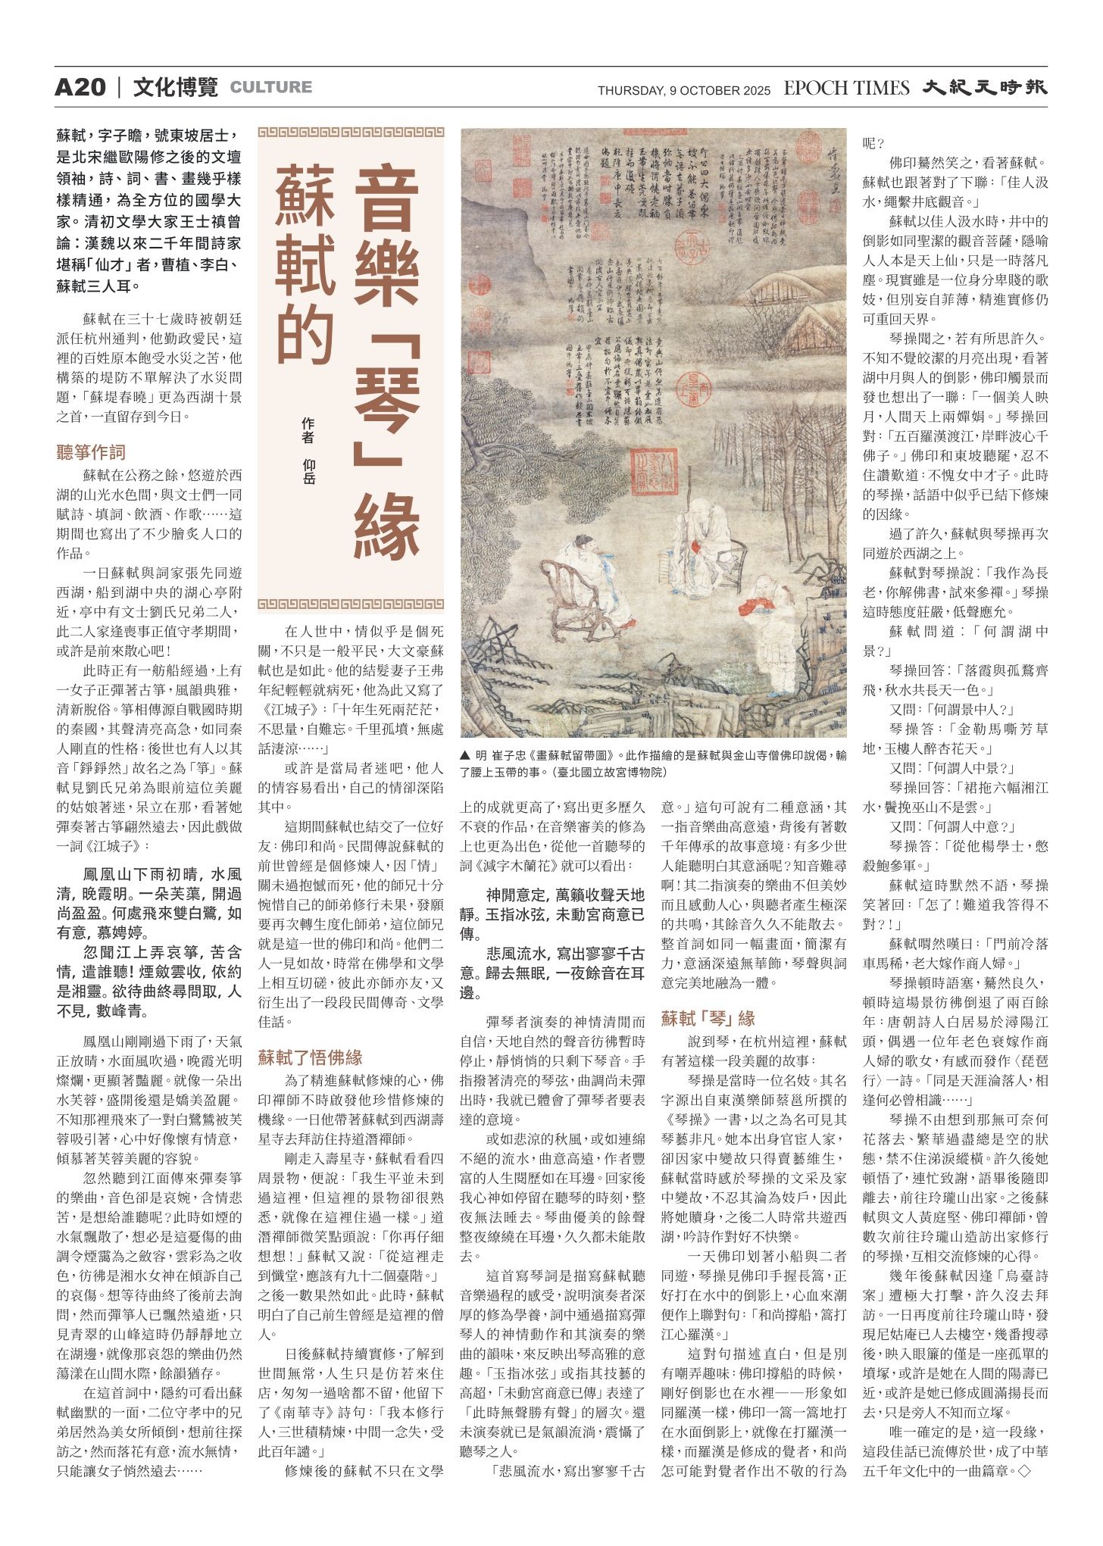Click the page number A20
(x=80, y=88)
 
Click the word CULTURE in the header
(x=270, y=88)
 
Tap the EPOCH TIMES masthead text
(x=845, y=89)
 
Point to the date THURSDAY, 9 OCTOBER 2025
(x=683, y=91)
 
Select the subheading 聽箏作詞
(x=91, y=453)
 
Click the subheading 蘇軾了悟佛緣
(x=310, y=1057)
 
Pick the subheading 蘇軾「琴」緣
(x=708, y=1019)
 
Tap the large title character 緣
(x=386, y=525)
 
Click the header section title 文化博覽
(x=175, y=88)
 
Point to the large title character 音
(x=386, y=199)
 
